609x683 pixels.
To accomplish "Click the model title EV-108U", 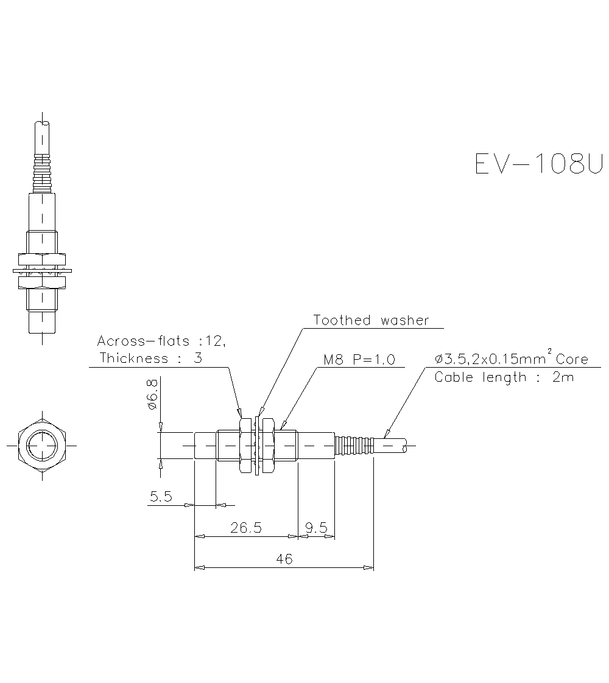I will (x=538, y=164).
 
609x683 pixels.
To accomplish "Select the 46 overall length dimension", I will (x=284, y=559).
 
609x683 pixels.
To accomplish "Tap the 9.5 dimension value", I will (x=317, y=528).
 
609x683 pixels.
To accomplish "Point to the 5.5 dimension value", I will (x=161, y=497).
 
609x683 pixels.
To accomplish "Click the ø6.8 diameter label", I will (x=153, y=396).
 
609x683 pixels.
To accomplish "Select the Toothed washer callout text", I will (x=371, y=320).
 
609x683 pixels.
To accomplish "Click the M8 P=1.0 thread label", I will (x=359, y=359).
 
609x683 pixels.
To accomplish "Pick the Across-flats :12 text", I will (x=161, y=341).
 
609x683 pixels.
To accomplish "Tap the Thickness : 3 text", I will (x=150, y=358).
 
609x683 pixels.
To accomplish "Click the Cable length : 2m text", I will (x=504, y=377).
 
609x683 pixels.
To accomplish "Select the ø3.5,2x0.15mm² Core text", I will (x=511, y=359).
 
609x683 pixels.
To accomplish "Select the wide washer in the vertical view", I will (x=41, y=270).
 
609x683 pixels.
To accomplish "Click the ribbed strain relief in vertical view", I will (x=41, y=173).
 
